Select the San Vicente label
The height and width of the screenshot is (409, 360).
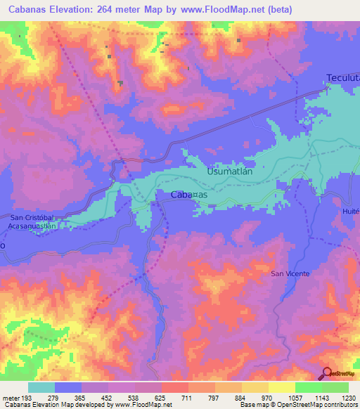point(290,273)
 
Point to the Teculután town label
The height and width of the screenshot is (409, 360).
point(342,78)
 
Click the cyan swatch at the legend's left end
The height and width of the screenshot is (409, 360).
point(41,387)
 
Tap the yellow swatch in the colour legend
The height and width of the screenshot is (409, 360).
point(281,387)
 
